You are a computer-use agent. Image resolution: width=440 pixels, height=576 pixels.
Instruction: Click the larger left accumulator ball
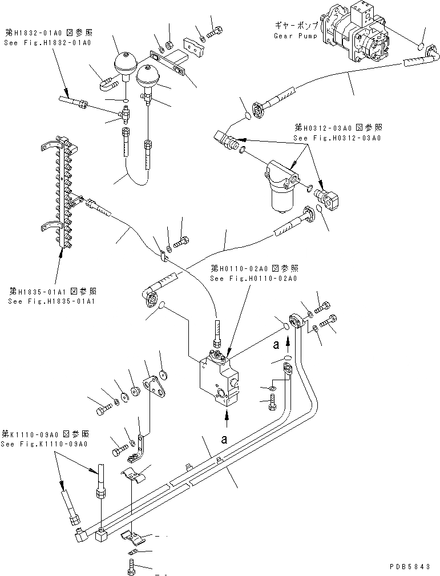[x=126, y=63]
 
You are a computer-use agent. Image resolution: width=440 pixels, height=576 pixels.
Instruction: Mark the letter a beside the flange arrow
[x=276, y=344]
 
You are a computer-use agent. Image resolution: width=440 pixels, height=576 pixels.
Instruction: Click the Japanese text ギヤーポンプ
[x=286, y=26]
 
